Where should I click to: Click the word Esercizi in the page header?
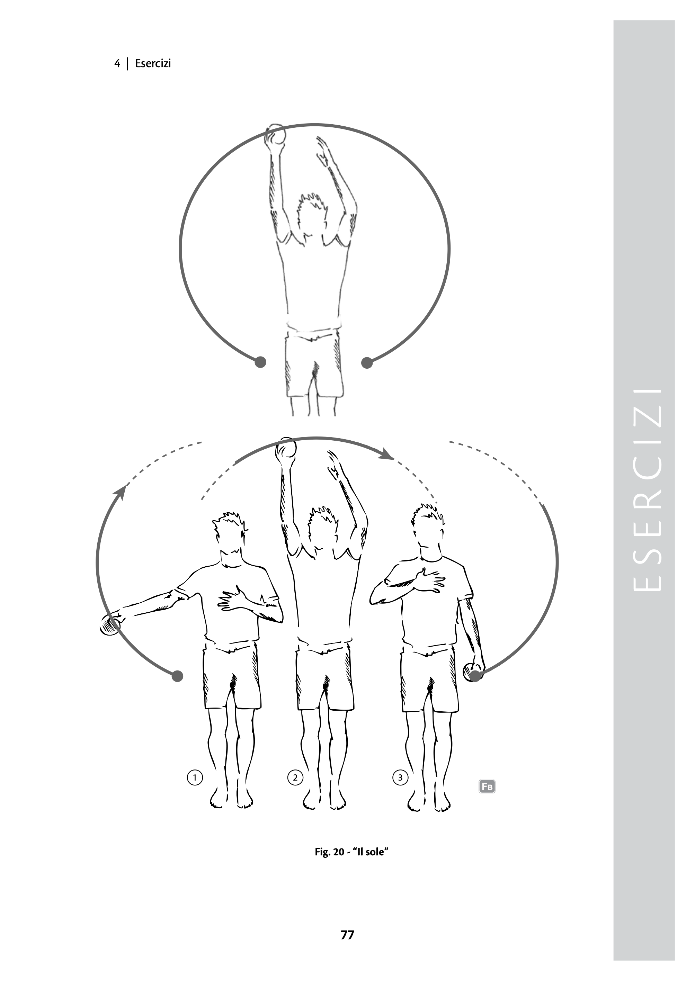153,63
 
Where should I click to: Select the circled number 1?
195,777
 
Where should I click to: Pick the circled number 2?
295,777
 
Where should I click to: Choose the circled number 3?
400,777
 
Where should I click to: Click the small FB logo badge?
487,786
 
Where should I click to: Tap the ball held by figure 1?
109,626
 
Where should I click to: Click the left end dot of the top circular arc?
260,362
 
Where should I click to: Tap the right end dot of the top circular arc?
367,362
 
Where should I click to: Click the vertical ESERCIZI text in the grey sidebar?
646,490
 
